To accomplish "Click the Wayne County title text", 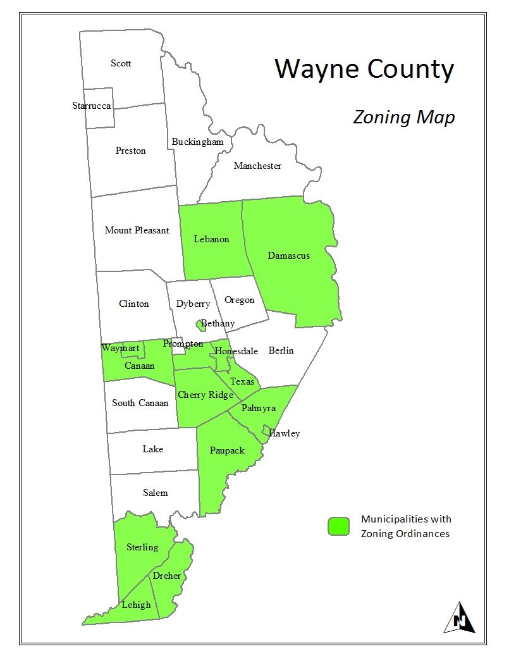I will point(364,69).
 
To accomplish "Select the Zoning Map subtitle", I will point(404,118).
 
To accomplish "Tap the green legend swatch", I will point(338,526).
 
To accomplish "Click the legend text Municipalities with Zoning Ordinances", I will point(406,526).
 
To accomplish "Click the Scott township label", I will point(121,63).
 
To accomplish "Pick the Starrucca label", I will point(91,106).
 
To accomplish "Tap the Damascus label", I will point(288,256).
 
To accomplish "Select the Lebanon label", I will point(211,239).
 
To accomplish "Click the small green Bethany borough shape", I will point(201,326).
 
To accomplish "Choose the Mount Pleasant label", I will point(137,230).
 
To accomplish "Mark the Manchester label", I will point(257,166).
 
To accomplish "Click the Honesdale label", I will point(236,351).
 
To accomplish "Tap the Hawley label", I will point(284,433).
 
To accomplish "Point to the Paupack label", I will point(227,450).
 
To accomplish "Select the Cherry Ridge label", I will point(206,395).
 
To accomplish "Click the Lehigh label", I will point(137,604).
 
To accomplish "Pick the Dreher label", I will point(167,576).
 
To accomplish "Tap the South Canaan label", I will point(140,403).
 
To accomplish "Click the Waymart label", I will point(120,348).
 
